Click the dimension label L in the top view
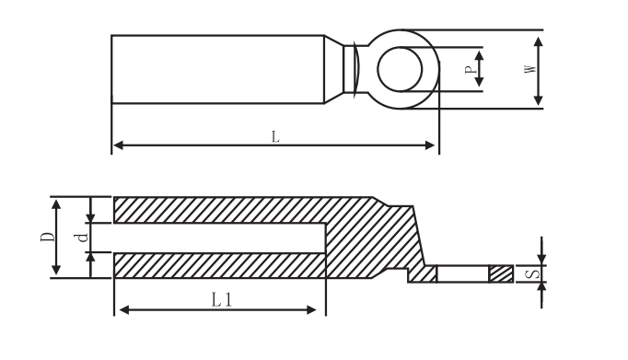pyautogui.click(x=275, y=136)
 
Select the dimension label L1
pyautogui.click(x=222, y=299)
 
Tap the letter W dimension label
pyautogui.click(x=529, y=69)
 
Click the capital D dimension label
pyautogui.click(x=48, y=237)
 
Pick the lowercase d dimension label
pyautogui.click(x=82, y=238)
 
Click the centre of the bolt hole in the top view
pyautogui.click(x=400, y=69)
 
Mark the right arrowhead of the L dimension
pyautogui.click(x=430, y=145)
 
